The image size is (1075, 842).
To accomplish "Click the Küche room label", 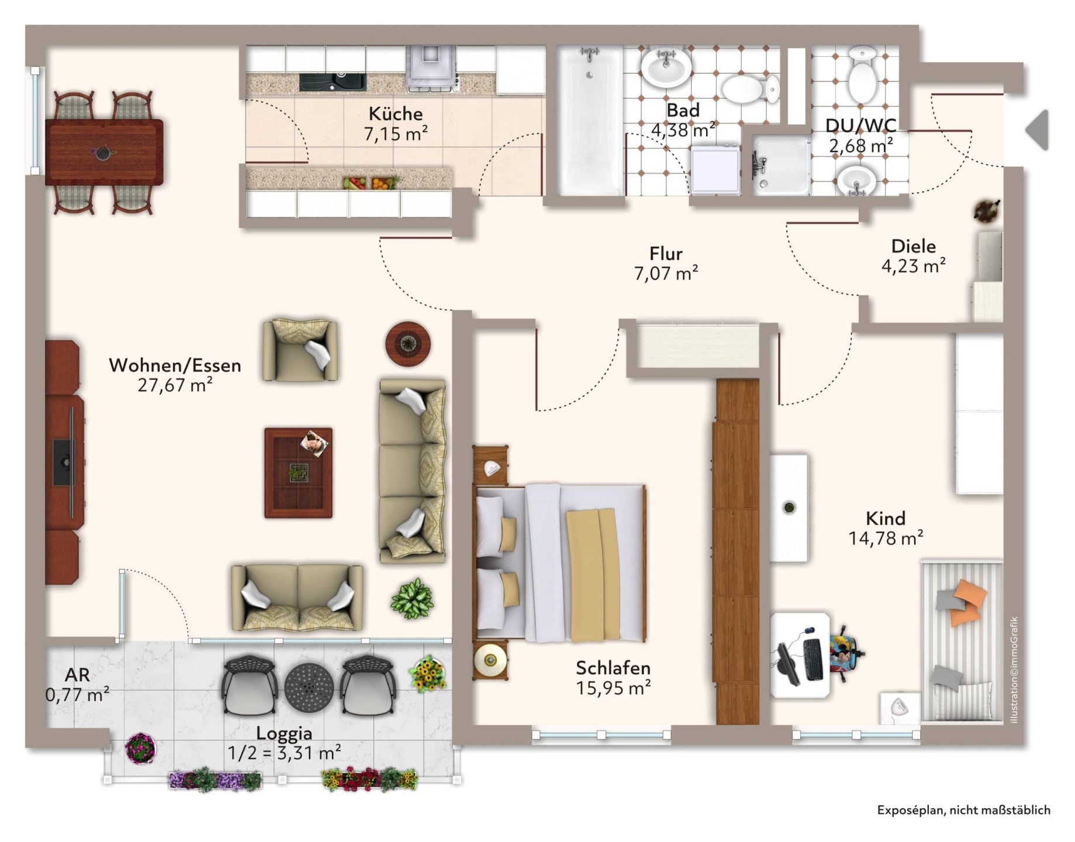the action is (395, 113).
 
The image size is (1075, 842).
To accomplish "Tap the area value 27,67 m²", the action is (175, 385).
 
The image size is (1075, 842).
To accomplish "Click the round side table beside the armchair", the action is (408, 344).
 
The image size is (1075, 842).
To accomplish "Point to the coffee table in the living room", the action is (298, 472).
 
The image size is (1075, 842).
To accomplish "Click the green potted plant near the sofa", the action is (412, 599).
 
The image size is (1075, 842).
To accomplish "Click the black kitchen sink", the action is (332, 82).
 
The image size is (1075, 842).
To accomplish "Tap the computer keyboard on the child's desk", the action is (813, 660).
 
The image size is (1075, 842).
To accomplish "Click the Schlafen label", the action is (613, 668).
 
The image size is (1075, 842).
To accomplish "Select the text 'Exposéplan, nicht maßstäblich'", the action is (963, 810).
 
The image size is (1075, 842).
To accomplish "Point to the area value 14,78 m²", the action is (886, 538).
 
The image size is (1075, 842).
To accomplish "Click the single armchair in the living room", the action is (300, 350).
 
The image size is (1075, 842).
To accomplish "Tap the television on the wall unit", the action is (64, 463).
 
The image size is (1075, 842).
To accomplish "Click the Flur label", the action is (666, 254).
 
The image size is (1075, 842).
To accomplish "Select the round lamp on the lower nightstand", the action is (490, 660).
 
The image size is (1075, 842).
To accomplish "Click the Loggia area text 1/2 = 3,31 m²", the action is (284, 753).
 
